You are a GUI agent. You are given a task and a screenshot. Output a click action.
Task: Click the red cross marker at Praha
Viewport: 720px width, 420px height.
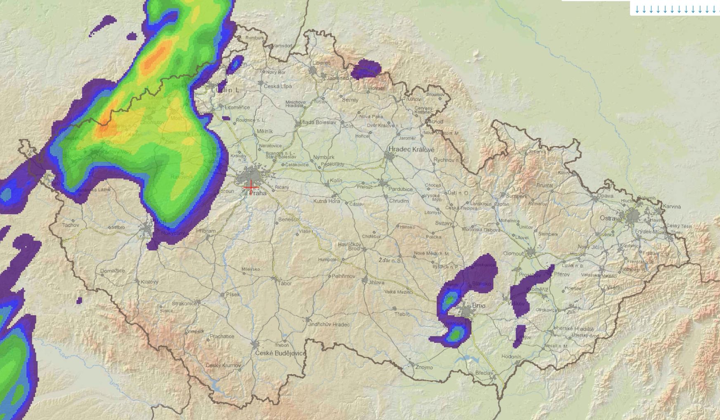[x=251, y=186]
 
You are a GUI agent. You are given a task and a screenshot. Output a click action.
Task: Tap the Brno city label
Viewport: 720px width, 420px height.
[x=478, y=306]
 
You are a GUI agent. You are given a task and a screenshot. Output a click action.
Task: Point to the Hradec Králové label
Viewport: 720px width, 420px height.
[x=412, y=149]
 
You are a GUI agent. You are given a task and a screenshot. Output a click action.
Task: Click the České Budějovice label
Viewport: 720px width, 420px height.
[x=280, y=353]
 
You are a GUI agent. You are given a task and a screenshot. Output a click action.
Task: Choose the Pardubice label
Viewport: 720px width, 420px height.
[x=400, y=189]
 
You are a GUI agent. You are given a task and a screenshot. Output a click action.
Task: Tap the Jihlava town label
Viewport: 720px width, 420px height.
[x=376, y=283]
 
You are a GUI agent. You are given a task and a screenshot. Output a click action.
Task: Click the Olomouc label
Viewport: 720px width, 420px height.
[x=514, y=253]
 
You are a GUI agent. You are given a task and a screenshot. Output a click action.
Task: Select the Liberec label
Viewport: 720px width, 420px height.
[x=322, y=63]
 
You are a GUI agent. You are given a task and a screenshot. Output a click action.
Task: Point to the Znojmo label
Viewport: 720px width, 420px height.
[x=424, y=367]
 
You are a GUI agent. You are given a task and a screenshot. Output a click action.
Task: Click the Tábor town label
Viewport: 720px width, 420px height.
[x=285, y=283]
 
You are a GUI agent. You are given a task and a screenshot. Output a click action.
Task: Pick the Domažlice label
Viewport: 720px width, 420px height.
[x=112, y=271]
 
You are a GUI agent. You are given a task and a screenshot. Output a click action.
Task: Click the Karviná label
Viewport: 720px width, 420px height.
[x=672, y=206]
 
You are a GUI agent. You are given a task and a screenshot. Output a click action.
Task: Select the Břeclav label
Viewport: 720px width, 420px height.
[x=484, y=373]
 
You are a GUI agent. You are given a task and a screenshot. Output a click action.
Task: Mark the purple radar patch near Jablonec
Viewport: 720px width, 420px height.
[x=368, y=68]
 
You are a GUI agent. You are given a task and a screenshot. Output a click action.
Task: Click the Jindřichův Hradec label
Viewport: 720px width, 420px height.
[x=329, y=324]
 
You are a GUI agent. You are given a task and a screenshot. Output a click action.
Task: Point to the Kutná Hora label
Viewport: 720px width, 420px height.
[x=326, y=201]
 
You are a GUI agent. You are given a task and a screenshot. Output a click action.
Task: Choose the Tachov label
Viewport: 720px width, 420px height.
[x=70, y=225]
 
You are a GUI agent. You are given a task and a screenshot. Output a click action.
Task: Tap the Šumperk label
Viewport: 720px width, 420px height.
[x=516, y=196]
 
